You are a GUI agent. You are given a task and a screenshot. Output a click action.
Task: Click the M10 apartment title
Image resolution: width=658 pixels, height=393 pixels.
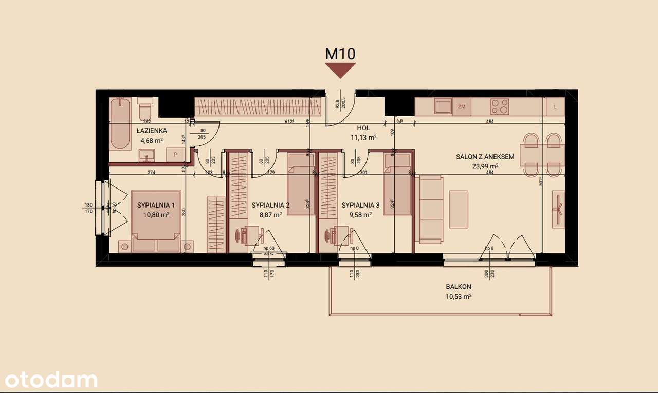[x=340, y=53]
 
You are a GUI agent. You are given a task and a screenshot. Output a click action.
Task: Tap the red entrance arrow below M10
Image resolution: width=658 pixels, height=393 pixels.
[x=340, y=70]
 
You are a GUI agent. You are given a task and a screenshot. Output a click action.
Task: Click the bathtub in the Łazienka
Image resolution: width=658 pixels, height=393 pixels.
[x=121, y=124]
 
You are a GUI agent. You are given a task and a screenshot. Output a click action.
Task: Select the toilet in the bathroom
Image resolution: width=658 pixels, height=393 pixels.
[x=144, y=110]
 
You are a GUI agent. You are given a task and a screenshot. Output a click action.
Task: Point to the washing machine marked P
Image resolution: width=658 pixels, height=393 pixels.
[x=176, y=154]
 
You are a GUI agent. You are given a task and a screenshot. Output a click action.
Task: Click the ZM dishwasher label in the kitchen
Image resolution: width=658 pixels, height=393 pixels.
[x=462, y=107]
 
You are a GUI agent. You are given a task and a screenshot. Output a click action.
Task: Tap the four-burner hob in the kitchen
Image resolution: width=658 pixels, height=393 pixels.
[x=500, y=107]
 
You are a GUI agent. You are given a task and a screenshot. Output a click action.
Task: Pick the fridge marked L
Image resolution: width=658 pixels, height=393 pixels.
[x=555, y=107]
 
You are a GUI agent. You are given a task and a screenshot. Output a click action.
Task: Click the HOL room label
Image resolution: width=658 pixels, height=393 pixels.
[x=364, y=128]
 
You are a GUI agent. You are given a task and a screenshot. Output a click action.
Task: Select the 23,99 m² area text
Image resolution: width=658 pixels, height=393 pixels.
[x=485, y=166]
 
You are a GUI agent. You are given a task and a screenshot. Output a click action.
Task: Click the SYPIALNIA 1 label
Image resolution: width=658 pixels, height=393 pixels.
[x=156, y=205]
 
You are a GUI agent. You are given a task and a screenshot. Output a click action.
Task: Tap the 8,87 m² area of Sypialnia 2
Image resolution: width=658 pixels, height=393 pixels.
[x=270, y=215]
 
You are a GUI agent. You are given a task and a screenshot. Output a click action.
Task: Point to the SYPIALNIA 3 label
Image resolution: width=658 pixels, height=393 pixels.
[x=360, y=205]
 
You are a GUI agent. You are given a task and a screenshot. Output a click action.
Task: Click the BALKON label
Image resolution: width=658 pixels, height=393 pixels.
[x=459, y=287]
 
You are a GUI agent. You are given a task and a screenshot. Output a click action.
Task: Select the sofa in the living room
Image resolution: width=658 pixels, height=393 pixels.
[x=431, y=209]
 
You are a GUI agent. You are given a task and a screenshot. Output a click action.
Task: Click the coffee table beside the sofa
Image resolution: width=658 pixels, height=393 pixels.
[x=459, y=209]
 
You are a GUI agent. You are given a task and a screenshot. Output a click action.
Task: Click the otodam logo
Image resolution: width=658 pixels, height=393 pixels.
[x=49, y=380]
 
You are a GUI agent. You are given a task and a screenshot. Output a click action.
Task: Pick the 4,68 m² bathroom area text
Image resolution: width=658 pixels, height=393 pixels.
[x=152, y=140]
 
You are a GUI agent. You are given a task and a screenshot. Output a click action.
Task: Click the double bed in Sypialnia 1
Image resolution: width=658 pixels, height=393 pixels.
[x=156, y=221]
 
